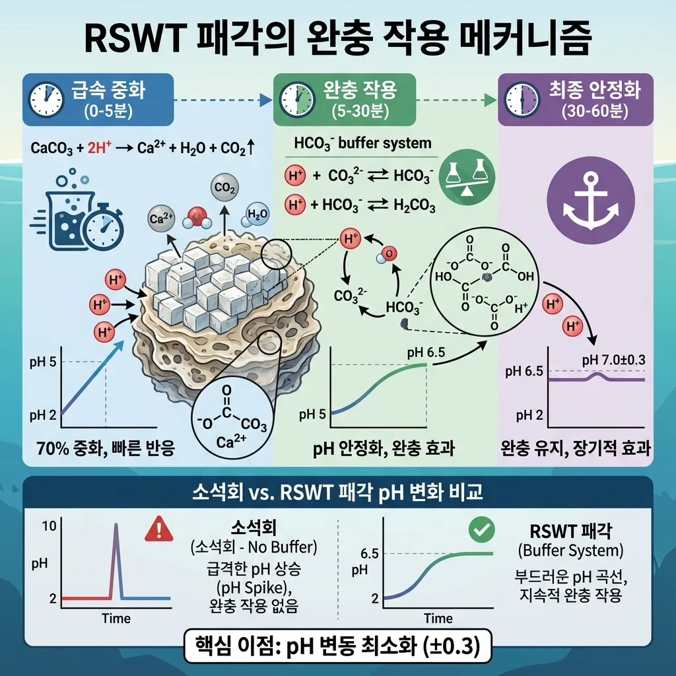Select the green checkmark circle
(480, 529)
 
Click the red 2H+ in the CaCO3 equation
(93, 148)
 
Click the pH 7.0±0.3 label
(613, 359)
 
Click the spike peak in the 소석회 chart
(117, 525)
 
